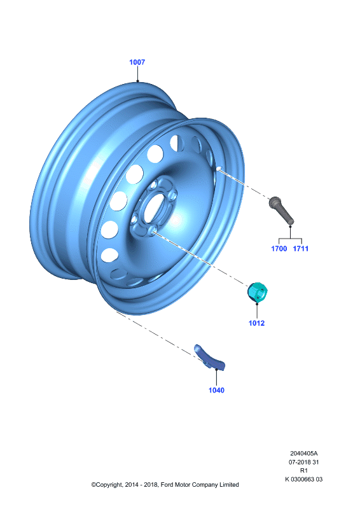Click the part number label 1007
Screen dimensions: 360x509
[137, 62]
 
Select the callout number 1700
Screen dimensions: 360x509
[279, 249]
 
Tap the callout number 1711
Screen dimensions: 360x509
[301, 249]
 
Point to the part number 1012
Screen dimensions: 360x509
[256, 323]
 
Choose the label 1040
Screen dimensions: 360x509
[216, 390]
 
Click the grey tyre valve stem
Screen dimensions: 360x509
[281, 211]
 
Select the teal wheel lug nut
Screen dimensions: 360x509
[258, 292]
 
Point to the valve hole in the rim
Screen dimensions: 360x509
[219, 169]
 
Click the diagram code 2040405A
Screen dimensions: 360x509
[304, 453]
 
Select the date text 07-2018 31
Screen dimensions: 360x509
[304, 462]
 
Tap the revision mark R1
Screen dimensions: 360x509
[304, 470]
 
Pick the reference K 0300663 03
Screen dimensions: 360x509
[304, 479]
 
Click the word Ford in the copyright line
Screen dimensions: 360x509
[167, 485]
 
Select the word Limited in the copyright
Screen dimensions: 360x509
[229, 485]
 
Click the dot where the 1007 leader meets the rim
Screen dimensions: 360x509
[137, 81]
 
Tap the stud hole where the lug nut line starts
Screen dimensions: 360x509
[153, 230]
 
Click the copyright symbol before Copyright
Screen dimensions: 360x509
[93, 485]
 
